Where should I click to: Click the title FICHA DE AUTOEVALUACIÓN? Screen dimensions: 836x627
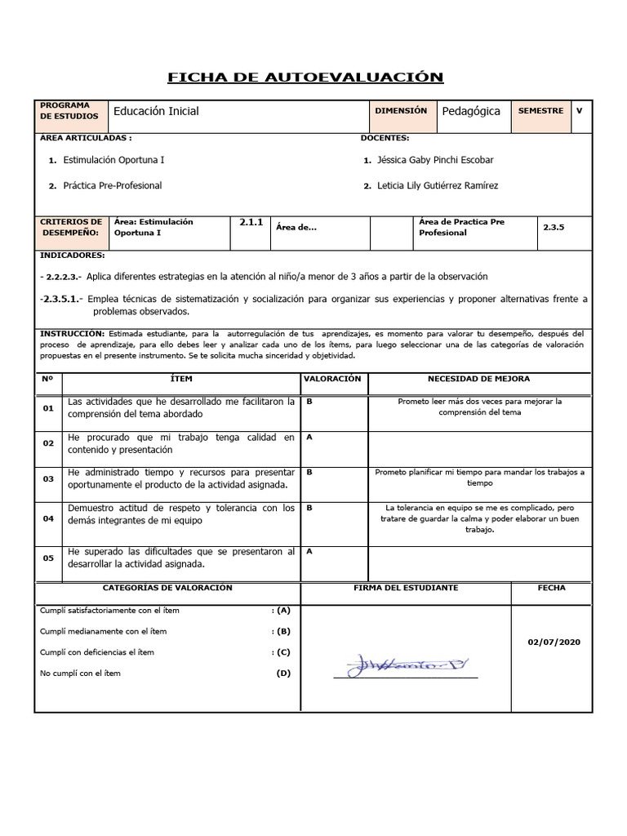305,78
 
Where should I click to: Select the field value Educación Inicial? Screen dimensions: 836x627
156,111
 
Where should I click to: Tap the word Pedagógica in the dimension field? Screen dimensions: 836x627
471,111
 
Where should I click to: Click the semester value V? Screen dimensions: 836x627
579,110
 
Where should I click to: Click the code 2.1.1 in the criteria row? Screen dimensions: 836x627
251,221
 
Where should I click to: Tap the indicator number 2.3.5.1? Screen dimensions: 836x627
61,300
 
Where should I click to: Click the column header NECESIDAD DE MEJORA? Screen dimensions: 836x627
478,379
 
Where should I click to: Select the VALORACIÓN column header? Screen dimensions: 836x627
332,379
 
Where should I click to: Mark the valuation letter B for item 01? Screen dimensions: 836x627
309,402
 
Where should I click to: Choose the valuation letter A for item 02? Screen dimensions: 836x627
309,438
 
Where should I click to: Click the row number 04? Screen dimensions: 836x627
48,518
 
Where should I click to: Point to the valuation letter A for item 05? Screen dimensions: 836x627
309,551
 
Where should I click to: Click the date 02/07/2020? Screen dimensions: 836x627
554,643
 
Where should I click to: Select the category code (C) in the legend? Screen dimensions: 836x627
283,652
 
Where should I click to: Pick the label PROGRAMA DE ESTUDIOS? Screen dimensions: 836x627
71,111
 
